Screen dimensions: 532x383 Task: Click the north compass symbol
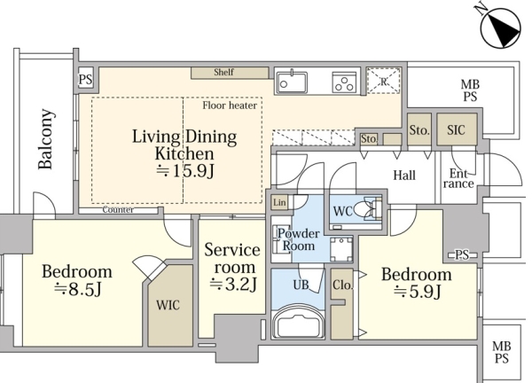(x=500, y=28)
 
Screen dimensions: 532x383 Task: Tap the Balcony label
(x=46, y=139)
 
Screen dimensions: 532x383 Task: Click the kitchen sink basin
(x=292, y=82)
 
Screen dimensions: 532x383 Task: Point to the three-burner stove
(x=344, y=82)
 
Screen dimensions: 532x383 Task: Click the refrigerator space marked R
(x=384, y=81)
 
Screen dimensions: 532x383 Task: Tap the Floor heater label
(x=230, y=106)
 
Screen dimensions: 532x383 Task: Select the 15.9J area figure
(x=185, y=171)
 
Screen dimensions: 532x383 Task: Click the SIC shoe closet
(x=457, y=129)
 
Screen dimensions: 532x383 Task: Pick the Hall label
(x=404, y=176)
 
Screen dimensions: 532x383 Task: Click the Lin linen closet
(x=279, y=202)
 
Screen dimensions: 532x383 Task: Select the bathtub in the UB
(x=298, y=323)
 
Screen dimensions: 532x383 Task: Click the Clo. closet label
(x=342, y=285)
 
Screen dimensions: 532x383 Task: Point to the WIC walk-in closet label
(x=168, y=305)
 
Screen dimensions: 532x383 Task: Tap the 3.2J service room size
(x=232, y=285)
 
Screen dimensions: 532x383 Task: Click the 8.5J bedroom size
(x=78, y=289)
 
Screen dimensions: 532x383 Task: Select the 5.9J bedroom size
(x=418, y=292)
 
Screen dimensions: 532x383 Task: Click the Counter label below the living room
(x=118, y=210)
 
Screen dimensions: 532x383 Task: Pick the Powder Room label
(x=299, y=239)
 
